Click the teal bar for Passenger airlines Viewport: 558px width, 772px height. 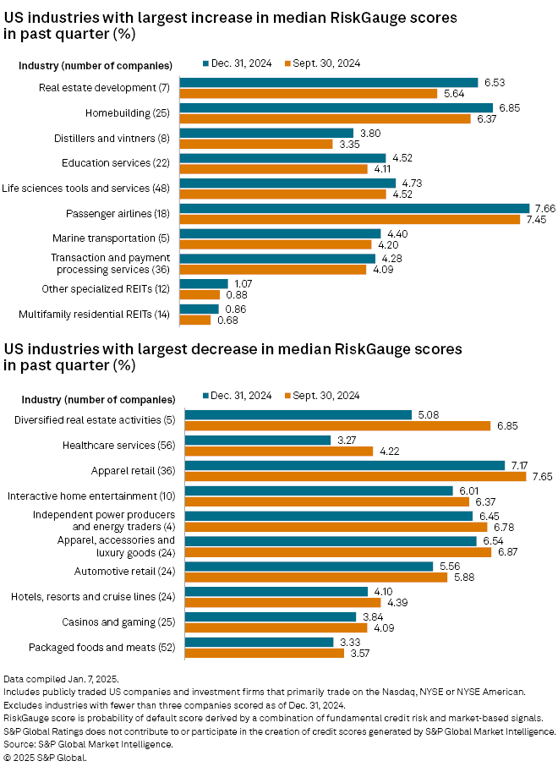coord(354,208)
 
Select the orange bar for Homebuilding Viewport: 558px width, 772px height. coord(325,118)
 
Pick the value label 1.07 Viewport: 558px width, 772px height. coord(243,283)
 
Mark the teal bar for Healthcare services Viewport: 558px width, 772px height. coord(258,439)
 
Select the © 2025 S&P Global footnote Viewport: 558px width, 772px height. coord(46,758)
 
